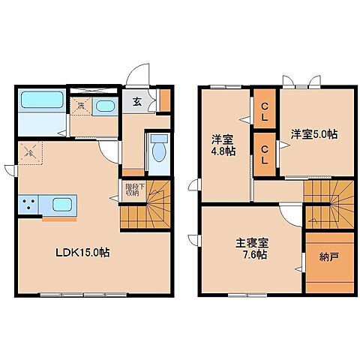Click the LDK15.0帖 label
82,253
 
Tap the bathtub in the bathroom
40,100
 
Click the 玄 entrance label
137,102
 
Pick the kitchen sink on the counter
62,203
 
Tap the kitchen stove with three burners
31,203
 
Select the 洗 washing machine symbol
80,106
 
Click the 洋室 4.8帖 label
221,145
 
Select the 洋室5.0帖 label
313,134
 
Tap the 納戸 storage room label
328,257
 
